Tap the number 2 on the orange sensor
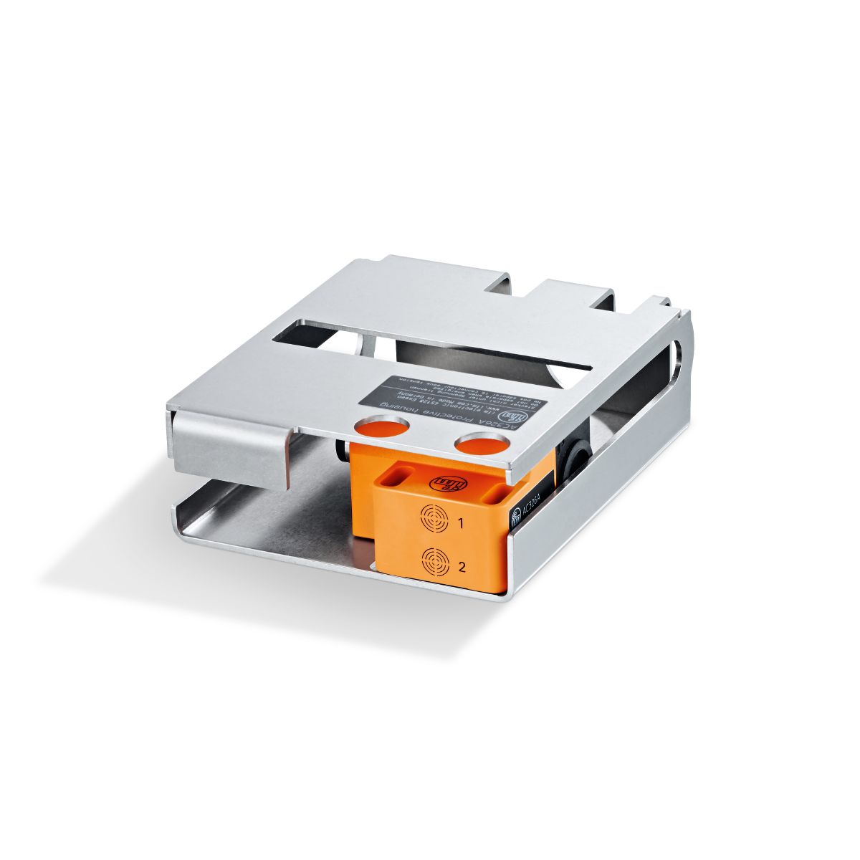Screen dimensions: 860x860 tap(462, 568)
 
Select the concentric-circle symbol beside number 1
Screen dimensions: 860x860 tap(433, 518)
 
